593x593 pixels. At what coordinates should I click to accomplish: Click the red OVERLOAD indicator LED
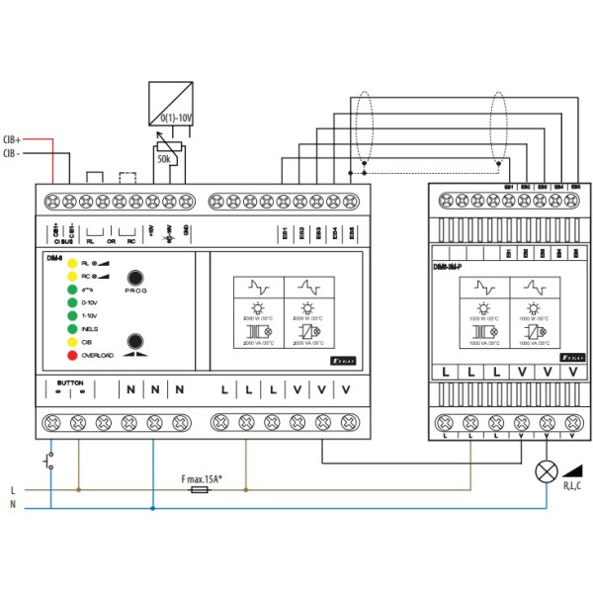pos(71,355)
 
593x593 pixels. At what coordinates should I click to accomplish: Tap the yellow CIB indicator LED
pos(71,341)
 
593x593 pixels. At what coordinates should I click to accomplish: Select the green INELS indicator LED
pos(71,328)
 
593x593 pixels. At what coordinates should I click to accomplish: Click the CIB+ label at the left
pos(13,140)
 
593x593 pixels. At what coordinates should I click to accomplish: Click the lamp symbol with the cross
pos(544,470)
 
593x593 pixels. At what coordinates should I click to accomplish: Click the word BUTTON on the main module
pos(70,381)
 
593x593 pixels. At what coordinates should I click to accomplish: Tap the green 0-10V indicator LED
pos(71,301)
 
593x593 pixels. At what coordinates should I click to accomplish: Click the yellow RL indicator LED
pos(71,265)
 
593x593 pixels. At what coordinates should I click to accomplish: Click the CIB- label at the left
pos(12,153)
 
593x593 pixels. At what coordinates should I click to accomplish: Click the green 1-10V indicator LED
pos(71,314)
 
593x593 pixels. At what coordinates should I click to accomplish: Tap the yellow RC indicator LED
pos(71,277)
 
